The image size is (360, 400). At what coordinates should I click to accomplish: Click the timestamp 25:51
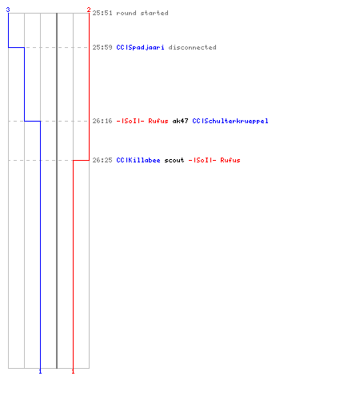[102, 13]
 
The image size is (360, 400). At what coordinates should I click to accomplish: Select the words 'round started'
[142, 13]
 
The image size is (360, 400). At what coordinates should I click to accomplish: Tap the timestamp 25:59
[102, 47]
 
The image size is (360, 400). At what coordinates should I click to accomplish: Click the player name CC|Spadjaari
[140, 47]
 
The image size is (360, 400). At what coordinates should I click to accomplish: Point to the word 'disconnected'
[192, 47]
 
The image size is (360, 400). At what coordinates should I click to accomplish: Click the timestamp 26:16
[102, 121]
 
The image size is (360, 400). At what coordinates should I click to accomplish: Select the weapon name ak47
[180, 121]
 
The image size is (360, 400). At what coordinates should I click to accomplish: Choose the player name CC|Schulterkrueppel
[230, 121]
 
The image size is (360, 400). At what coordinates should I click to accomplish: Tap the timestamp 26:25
[102, 160]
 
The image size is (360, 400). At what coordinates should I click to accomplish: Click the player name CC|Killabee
[138, 160]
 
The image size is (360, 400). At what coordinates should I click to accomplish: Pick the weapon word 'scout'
[174, 160]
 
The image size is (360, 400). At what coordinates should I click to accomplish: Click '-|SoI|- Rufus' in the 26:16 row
[142, 121]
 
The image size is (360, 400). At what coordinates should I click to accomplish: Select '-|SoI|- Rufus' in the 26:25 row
[214, 160]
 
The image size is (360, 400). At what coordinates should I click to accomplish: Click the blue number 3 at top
[8, 10]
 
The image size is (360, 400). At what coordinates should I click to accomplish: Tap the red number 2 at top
[89, 10]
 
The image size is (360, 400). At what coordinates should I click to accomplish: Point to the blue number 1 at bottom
[40, 371]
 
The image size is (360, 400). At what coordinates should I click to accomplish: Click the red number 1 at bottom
[73, 371]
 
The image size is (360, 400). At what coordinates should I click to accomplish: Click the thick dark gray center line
[57, 190]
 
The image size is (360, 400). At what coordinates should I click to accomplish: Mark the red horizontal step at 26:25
[81, 160]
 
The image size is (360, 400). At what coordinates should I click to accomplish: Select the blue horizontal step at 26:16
[33, 121]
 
